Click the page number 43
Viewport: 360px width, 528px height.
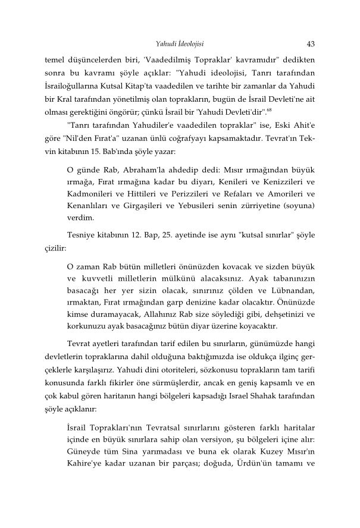pyautogui.click(x=311, y=43)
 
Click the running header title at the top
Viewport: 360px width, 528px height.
pyautogui.click(x=180, y=43)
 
